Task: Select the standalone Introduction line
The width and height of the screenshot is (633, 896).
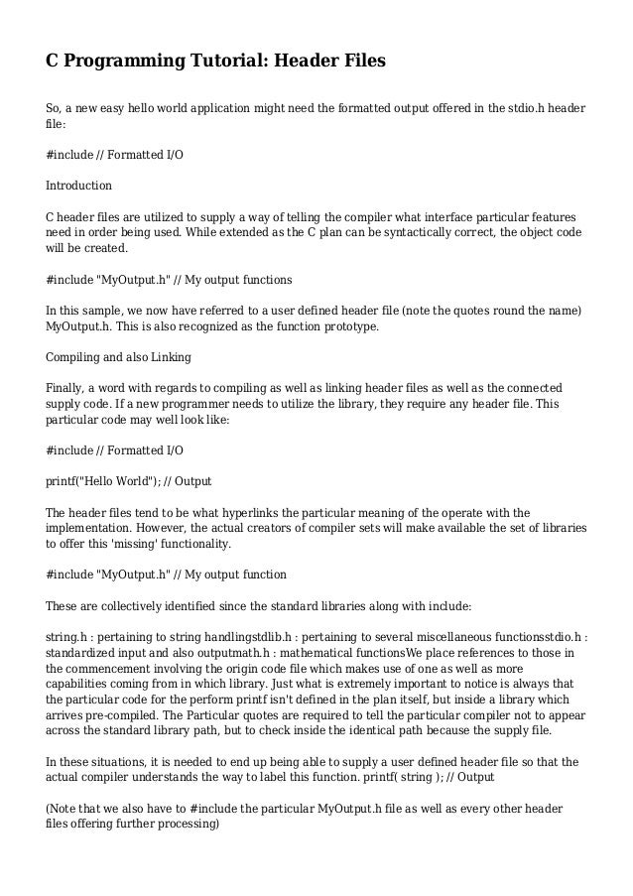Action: pos(79,186)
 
